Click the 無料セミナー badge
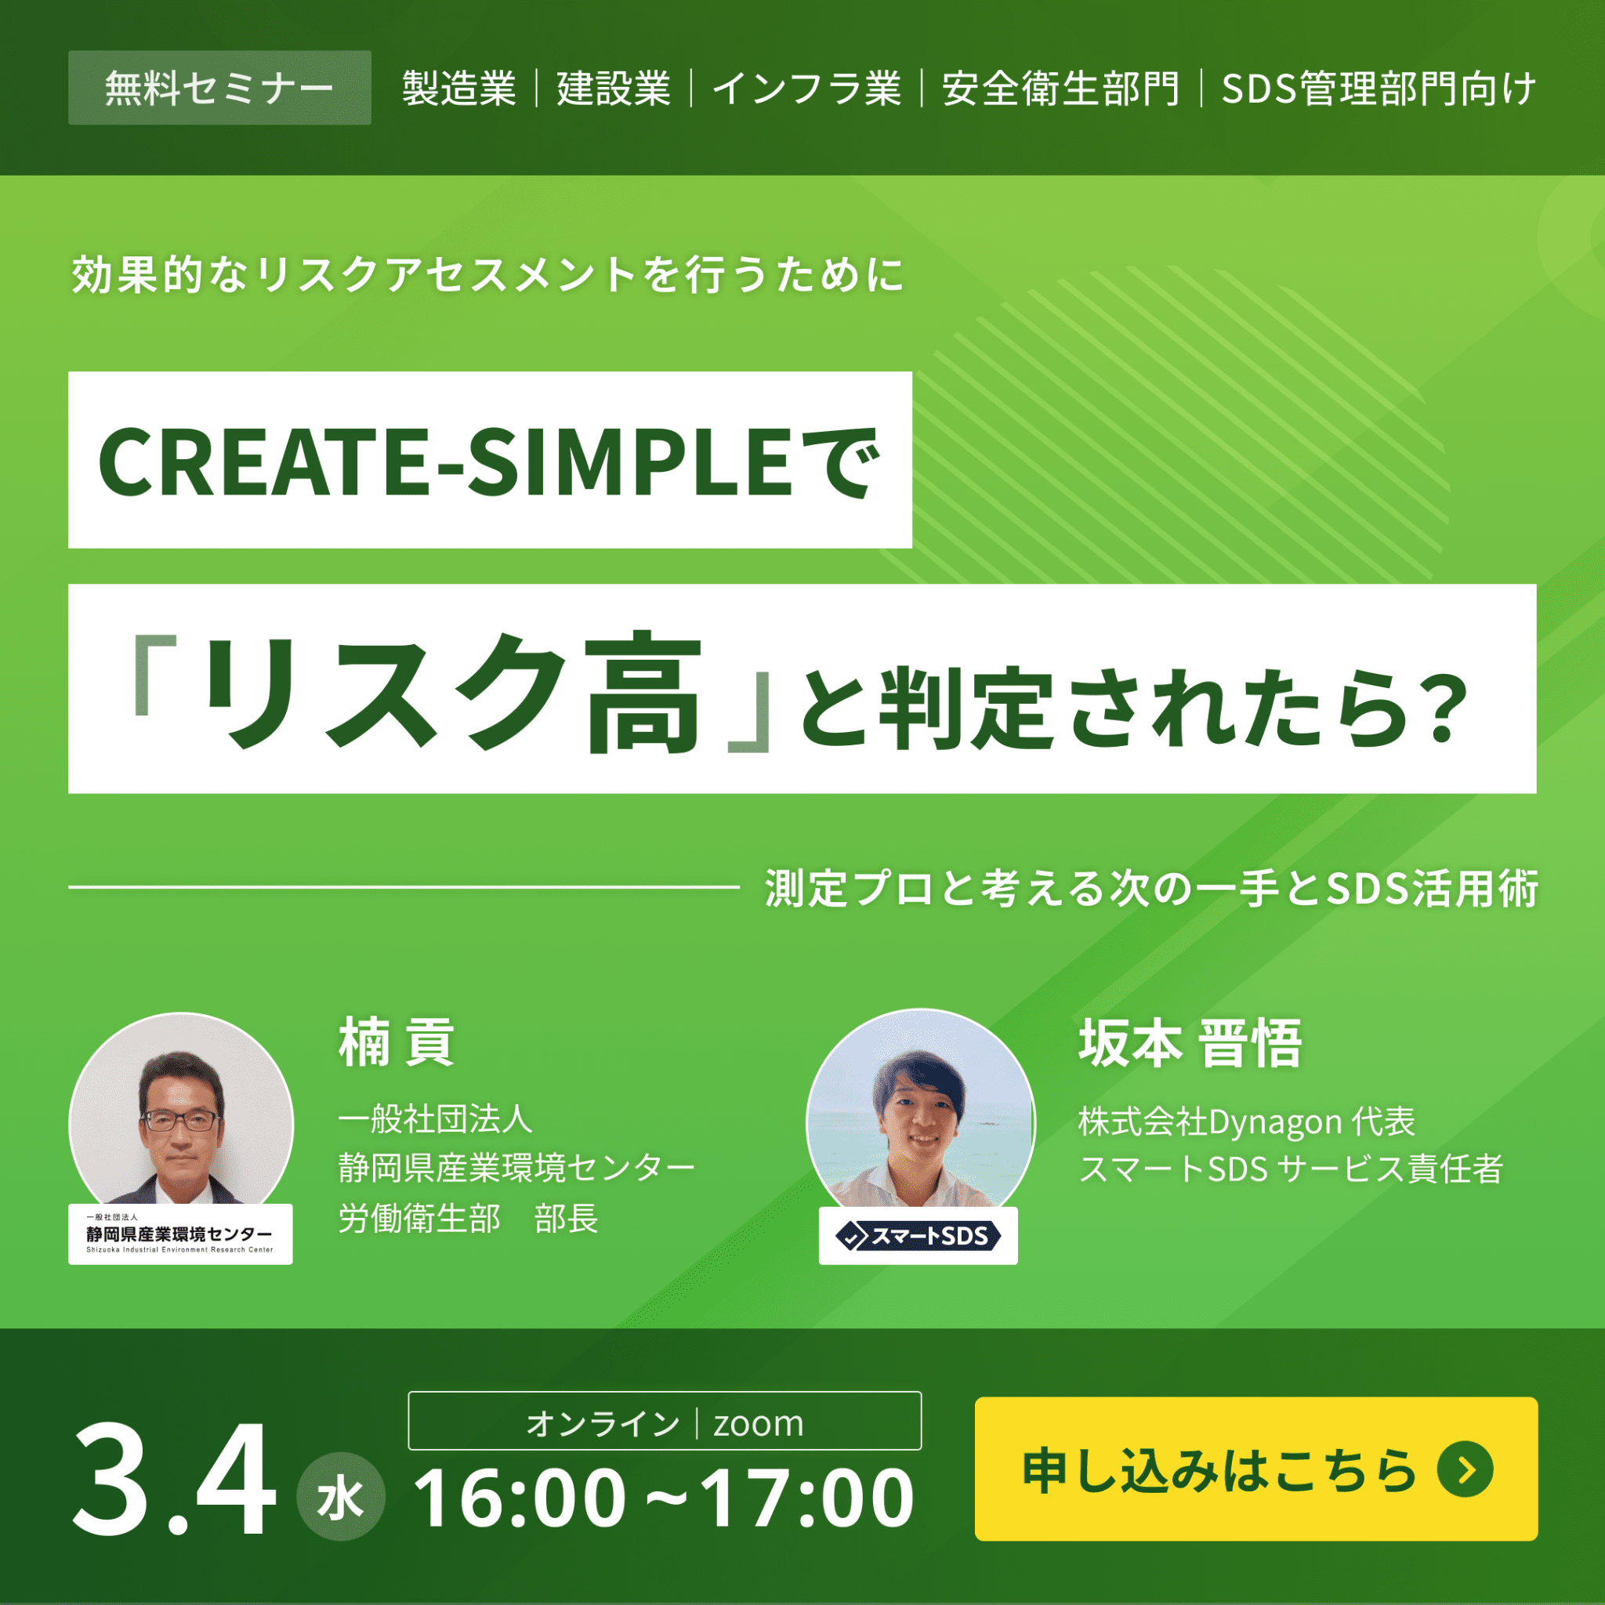tap(219, 88)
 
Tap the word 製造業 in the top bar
tap(458, 88)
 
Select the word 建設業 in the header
tap(613, 88)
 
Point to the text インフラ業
tap(806, 88)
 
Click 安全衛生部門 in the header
tap(1060, 88)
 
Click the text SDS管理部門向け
tap(1378, 88)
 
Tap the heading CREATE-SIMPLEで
tap(489, 460)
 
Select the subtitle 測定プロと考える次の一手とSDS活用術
tap(1151, 888)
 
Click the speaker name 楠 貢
tap(397, 1042)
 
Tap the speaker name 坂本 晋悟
tap(1190, 1043)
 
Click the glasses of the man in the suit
tap(181, 1121)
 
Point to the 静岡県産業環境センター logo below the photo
tap(180, 1234)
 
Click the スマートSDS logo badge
tap(918, 1236)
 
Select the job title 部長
tap(567, 1219)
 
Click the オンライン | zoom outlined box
tap(665, 1422)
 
